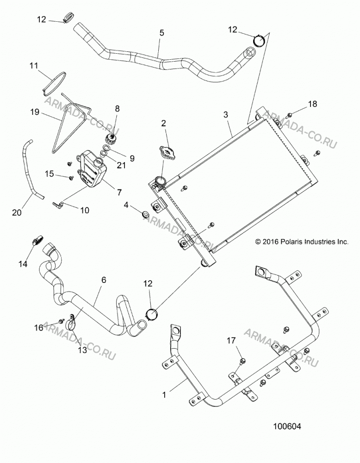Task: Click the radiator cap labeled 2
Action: point(168,152)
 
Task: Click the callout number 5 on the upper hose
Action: point(161,33)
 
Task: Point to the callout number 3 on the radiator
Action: point(226,114)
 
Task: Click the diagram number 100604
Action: point(287,426)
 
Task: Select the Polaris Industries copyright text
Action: point(302,242)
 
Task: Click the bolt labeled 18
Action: point(290,114)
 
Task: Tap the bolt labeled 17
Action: point(242,361)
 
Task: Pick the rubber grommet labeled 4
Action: point(145,213)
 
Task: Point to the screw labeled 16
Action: point(62,321)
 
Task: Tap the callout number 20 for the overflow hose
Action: point(17,213)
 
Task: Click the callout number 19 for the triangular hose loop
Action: point(35,112)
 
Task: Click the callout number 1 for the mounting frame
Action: point(164,395)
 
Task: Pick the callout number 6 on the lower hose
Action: point(104,280)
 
